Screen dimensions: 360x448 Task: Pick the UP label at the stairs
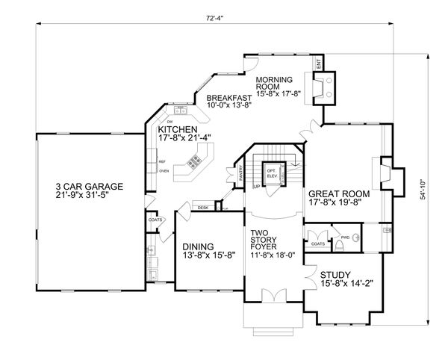click(256, 185)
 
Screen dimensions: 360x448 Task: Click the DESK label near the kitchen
click(202, 207)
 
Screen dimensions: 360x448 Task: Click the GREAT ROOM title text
click(337, 193)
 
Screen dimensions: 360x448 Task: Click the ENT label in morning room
click(317, 67)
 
